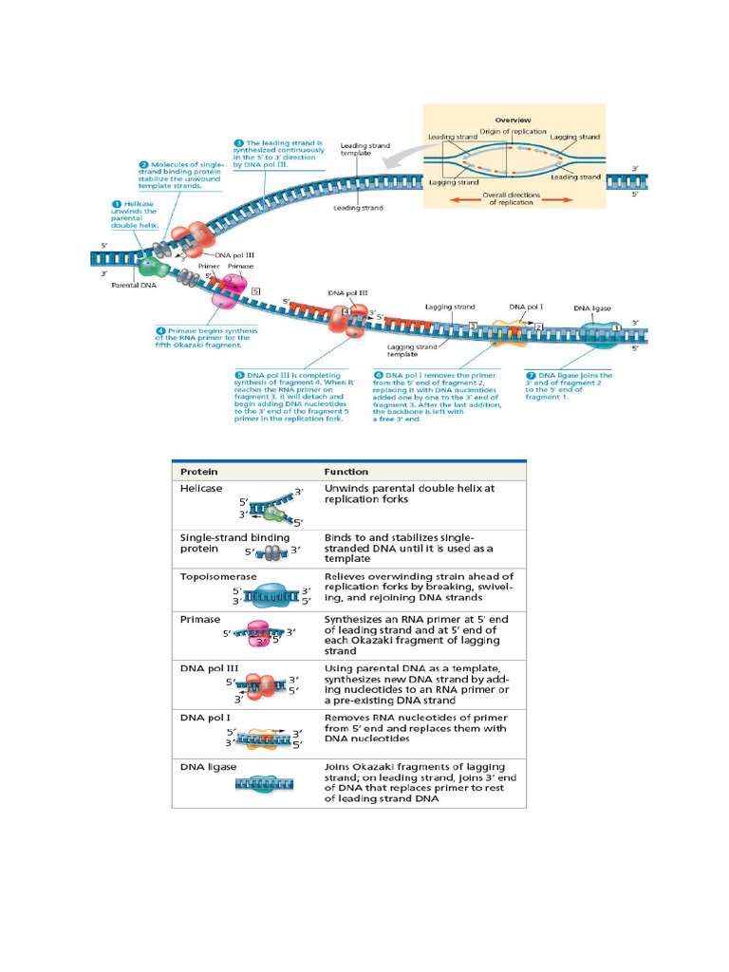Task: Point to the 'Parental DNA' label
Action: click(x=134, y=285)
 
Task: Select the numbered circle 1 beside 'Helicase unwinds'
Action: click(x=117, y=203)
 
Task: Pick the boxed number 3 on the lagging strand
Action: click(x=473, y=327)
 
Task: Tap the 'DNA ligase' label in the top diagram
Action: click(x=593, y=308)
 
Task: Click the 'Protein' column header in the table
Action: click(x=199, y=471)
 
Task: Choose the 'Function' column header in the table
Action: click(x=346, y=471)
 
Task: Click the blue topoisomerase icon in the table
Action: click(x=271, y=597)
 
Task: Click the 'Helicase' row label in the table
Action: click(x=201, y=488)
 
